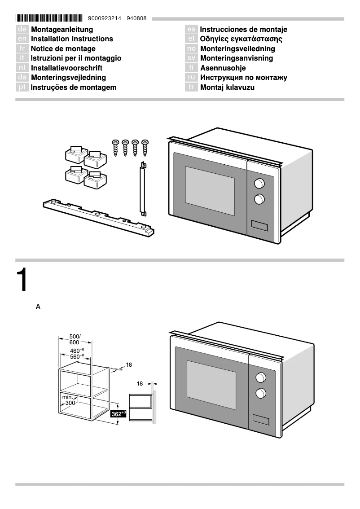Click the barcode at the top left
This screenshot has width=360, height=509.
tap(49, 18)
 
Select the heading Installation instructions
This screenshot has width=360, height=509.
tap(72, 39)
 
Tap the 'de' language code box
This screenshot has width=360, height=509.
tap(22, 30)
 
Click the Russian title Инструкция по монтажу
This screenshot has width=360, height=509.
tap(244, 78)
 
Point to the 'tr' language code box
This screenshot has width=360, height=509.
tap(191, 88)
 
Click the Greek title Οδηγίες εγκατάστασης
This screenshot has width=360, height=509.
tap(241, 39)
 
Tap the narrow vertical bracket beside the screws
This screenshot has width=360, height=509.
tap(143, 189)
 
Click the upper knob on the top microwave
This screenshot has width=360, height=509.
tap(259, 183)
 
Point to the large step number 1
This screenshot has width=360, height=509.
tap(22, 281)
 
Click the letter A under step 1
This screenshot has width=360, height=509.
tap(38, 307)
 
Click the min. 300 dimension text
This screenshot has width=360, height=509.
tap(68, 400)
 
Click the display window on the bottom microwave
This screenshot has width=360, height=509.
tap(261, 419)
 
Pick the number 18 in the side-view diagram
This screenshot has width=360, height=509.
tap(140, 384)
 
